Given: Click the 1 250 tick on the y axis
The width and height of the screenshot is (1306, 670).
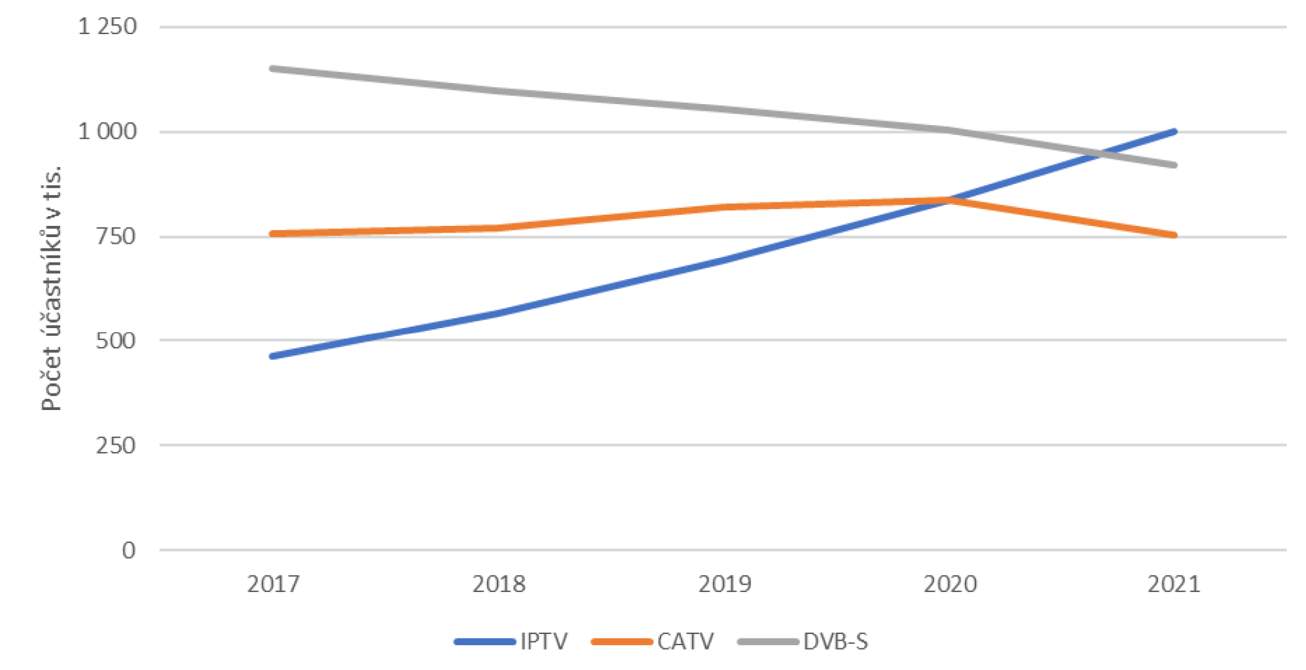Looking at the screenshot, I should (x=107, y=27).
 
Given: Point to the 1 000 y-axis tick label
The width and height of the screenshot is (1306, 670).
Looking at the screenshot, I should (x=107, y=132).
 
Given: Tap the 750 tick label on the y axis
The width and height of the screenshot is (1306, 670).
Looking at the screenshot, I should (x=116, y=236).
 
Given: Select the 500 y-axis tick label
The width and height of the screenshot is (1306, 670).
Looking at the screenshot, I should (x=116, y=341).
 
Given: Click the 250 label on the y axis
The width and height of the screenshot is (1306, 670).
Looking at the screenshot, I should (x=116, y=445).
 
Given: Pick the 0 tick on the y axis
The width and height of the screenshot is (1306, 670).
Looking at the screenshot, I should (x=129, y=550).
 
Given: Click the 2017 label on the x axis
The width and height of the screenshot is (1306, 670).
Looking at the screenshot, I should (x=273, y=584).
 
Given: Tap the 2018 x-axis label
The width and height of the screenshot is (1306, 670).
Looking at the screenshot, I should (x=499, y=584).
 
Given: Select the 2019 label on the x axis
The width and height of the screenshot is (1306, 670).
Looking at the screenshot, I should (x=725, y=584).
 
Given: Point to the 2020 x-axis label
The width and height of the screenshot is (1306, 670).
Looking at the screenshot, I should (x=950, y=584).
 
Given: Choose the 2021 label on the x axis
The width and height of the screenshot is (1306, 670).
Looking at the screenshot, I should (x=1174, y=584).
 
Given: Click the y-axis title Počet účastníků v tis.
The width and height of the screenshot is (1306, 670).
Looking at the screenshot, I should (x=51, y=288).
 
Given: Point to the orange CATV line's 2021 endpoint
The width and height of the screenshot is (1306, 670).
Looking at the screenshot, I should (x=1174, y=235).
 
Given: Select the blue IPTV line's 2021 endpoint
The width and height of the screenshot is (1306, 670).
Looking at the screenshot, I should (x=1174, y=132).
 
